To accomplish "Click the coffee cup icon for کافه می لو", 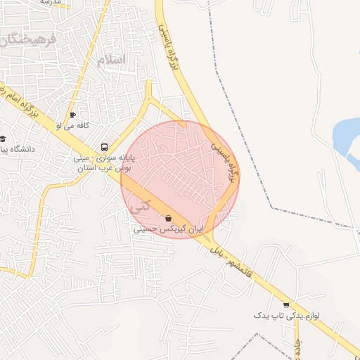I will pos(72,115).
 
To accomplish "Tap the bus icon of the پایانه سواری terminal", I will pos(104,148).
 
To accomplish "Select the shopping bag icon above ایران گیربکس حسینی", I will pos(168,219).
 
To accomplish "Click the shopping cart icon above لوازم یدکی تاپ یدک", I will pos(285,304).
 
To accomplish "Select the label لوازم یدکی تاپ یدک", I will pos(286,316).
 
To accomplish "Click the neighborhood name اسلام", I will pos(112,59).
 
